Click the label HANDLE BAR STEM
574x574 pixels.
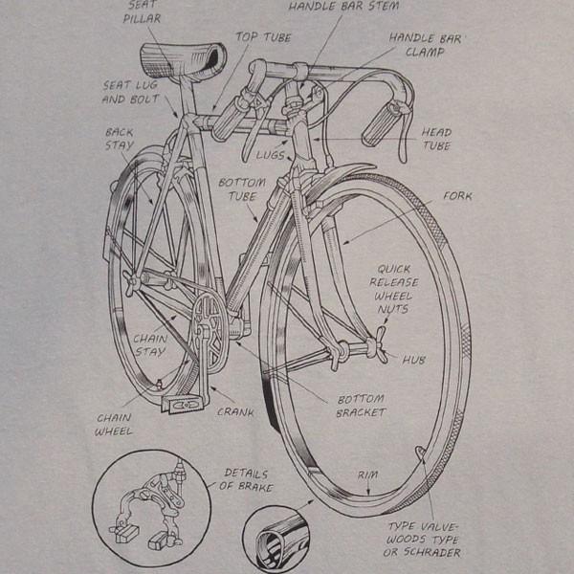[343, 7]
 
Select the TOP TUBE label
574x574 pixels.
[263, 37]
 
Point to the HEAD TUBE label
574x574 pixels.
[436, 139]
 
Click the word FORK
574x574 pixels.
[457, 196]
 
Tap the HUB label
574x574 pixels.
[414, 361]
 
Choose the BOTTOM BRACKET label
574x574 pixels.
[361, 406]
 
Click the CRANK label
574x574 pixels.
[235, 412]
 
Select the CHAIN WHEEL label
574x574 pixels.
[114, 425]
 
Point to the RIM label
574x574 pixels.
[367, 475]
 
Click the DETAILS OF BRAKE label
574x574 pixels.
[247, 480]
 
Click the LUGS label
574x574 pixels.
[270, 155]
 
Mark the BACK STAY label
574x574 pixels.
[120, 139]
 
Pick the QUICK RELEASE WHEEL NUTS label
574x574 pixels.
[393, 289]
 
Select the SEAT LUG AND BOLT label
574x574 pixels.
[130, 92]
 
